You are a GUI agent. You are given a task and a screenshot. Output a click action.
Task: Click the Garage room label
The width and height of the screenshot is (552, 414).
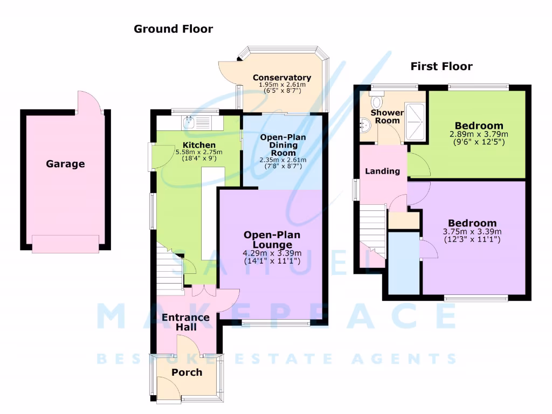[x=65, y=164]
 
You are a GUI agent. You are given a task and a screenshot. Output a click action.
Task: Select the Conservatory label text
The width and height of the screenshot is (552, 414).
[x=282, y=78]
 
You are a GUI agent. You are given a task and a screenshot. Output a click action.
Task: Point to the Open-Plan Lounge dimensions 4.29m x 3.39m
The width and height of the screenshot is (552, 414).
[x=272, y=253]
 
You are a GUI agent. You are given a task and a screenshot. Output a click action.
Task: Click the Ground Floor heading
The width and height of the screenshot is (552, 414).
[x=173, y=29]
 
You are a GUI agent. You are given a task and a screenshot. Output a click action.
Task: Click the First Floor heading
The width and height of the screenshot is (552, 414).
[x=441, y=66]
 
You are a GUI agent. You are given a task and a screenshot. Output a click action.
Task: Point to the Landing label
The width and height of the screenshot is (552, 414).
[x=382, y=171]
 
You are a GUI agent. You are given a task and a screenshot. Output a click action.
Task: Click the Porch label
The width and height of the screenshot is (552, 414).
[x=187, y=372]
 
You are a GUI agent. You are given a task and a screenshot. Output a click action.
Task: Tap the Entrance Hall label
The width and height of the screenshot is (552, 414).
[x=185, y=322]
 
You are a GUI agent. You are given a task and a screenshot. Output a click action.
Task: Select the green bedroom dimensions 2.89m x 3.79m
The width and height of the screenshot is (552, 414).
[x=479, y=134]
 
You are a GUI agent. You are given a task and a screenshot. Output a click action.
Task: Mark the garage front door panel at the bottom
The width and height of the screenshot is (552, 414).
[x=65, y=244]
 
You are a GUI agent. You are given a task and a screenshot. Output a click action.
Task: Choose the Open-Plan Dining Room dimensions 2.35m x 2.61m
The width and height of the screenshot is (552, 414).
[x=283, y=160]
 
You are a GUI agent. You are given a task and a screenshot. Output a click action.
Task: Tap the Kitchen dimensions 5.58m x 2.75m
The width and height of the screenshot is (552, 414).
[x=199, y=153]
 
